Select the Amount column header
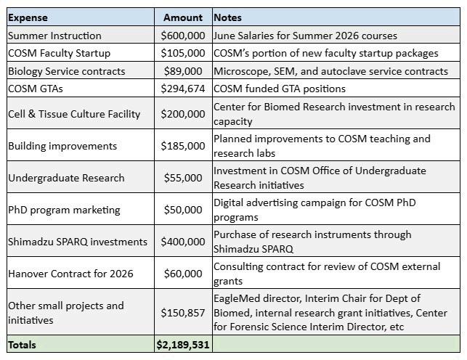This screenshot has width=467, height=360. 183,17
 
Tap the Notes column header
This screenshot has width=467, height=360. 228,17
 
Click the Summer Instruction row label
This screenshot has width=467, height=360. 54,36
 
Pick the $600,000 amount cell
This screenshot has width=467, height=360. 182,36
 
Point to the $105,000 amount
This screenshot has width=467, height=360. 182,53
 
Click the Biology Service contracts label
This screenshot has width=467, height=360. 66,71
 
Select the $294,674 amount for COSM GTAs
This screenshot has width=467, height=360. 182,89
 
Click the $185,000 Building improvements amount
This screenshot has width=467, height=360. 182,146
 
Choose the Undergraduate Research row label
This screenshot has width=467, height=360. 66,178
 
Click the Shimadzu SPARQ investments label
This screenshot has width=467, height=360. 77,242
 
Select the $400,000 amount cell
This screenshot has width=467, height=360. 182,242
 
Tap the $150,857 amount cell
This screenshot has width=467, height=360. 182,313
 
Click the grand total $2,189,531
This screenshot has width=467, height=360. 182,345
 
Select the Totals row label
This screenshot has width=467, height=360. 22,345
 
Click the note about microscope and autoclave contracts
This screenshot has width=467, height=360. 330,71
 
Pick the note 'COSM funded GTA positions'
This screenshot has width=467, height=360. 280,89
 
